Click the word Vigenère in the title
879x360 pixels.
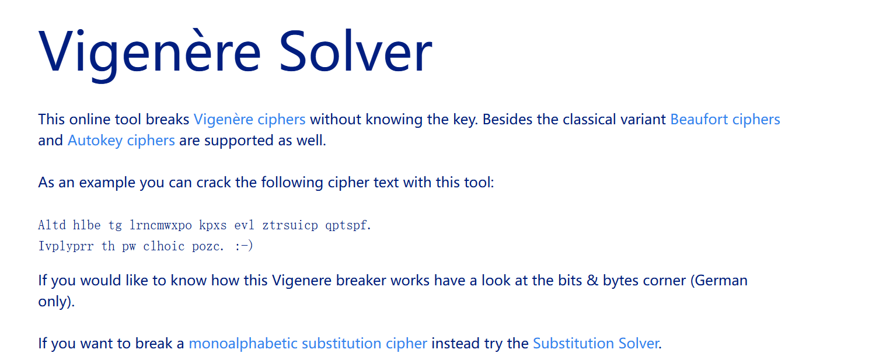coord(149,53)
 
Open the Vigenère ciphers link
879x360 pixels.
coord(250,119)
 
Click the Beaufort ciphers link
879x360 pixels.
coord(725,119)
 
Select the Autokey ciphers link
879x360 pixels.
coord(121,141)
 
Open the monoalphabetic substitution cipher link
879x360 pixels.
coord(308,344)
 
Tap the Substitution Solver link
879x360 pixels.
coord(596,344)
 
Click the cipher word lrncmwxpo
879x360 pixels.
coord(161,225)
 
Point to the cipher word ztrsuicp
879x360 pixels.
coord(290,225)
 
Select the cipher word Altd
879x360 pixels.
coord(52,225)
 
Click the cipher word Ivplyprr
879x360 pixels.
coord(66,246)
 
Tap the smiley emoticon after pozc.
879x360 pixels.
coord(244,246)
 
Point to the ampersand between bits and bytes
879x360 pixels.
coord(592,281)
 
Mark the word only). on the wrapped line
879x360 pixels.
coord(56,302)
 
